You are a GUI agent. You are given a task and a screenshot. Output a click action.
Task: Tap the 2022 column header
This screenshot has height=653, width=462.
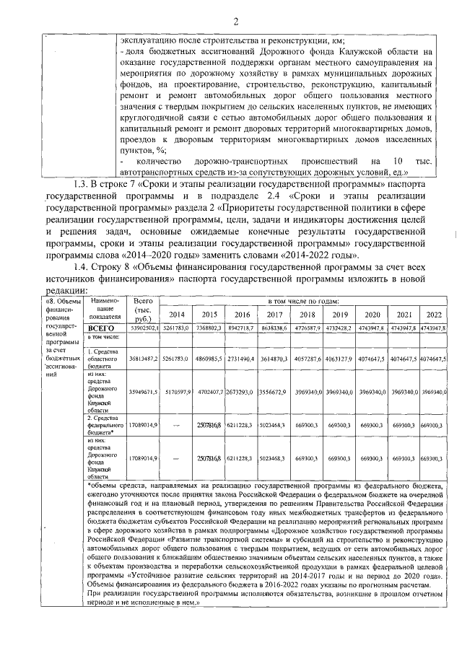pos(434,315)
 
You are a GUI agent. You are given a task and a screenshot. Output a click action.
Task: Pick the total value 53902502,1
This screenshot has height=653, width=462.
pos(143,328)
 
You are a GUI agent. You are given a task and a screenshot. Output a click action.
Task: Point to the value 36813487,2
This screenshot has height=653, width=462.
pos(143,357)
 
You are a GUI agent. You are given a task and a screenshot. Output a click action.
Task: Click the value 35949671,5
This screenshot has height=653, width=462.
pos(143,393)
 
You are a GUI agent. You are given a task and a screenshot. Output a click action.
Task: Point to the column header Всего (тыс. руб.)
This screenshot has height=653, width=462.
pos(143,308)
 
